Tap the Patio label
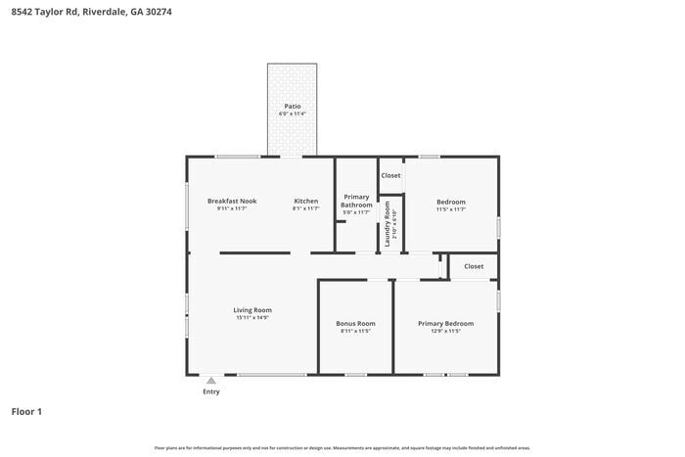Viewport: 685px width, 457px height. [292, 106]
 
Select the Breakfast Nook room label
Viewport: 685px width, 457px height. [232, 202]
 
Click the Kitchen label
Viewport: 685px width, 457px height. [306, 202]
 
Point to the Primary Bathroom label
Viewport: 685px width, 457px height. [356, 201]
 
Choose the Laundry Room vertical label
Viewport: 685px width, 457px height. [388, 223]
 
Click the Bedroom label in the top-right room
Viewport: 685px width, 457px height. [450, 202]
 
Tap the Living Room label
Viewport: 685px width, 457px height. [251, 310]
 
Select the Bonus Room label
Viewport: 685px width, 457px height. [355, 323]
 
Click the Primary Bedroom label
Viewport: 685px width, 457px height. [445, 323]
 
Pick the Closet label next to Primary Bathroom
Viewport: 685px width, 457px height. [390, 175]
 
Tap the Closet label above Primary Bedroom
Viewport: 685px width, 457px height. [474, 266]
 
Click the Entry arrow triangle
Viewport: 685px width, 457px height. [210, 381]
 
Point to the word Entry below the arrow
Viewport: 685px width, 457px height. [211, 392]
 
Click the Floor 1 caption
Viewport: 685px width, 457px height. [26, 412]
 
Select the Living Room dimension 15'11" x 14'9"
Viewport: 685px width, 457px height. [251, 318]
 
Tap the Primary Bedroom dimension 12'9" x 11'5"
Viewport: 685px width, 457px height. [445, 332]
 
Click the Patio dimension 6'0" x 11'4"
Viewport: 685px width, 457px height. [292, 114]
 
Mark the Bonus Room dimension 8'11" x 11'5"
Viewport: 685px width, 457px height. [355, 332]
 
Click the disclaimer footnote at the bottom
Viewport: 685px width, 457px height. [342, 448]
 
